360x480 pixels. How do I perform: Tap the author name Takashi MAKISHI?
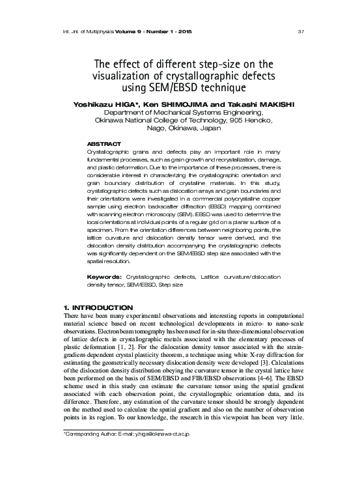point(260,104)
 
